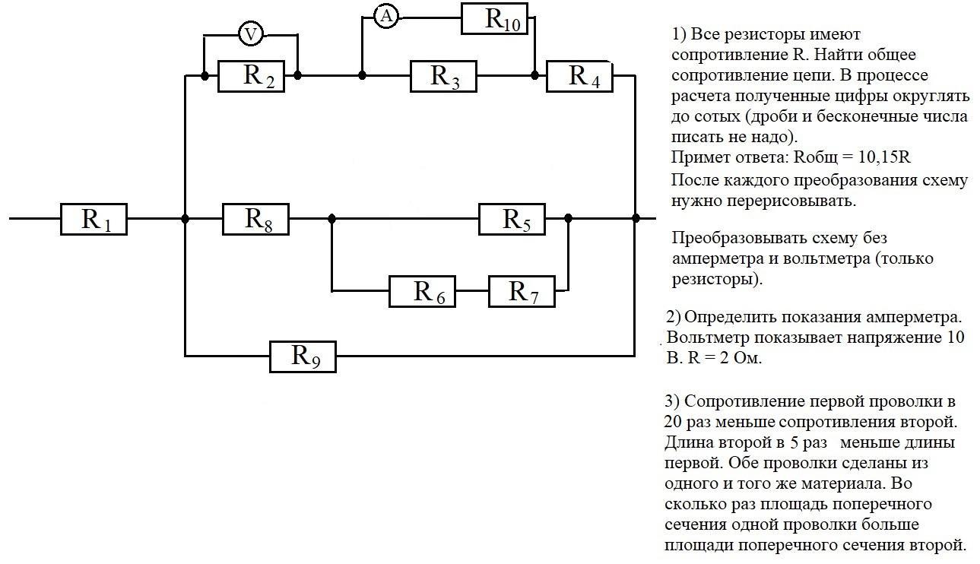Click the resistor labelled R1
(94, 219)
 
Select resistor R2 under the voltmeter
(251, 76)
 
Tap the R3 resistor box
(443, 76)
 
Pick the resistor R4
(579, 76)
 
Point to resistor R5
(512, 219)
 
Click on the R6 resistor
(422, 291)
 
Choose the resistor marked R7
(522, 291)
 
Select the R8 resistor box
(256, 219)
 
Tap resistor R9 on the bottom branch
(303, 356)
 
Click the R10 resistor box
(494, 18)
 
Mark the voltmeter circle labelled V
(251, 34)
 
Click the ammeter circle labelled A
(386, 17)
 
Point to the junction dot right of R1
(185, 219)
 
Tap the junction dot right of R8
(331, 218)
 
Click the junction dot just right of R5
(569, 218)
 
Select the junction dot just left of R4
(534, 75)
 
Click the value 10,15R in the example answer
(884, 157)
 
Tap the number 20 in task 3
(672, 422)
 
